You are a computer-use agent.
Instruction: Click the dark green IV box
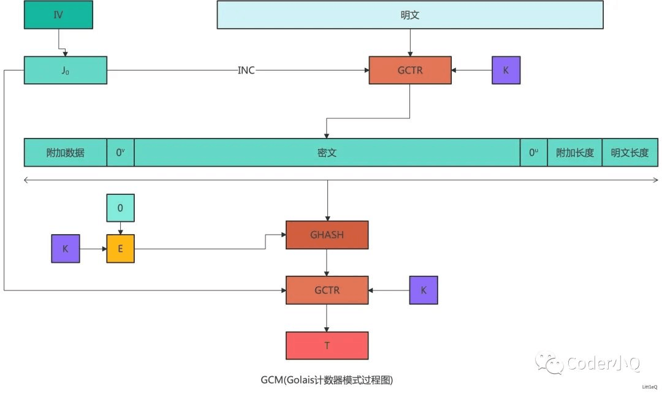[x=58, y=15]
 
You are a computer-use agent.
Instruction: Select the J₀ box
[x=66, y=70]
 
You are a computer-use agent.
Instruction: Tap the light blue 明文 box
[x=409, y=15]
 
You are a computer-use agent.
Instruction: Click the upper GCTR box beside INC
[x=409, y=70]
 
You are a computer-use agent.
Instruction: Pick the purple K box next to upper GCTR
[x=506, y=70]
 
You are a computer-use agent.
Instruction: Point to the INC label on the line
[x=246, y=70]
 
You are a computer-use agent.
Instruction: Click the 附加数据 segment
[x=66, y=153]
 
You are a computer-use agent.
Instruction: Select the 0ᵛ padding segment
[x=120, y=153]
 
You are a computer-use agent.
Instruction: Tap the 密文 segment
[x=327, y=153]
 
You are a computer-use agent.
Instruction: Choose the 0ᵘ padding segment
[x=533, y=153]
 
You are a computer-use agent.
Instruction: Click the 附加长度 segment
[x=574, y=153]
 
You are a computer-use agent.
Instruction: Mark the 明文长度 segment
[x=630, y=153]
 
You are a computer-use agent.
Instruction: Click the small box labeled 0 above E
[x=120, y=208]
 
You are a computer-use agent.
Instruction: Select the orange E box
[x=120, y=249]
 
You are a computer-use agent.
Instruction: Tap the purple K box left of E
[x=65, y=249]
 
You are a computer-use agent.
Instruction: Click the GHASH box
[x=327, y=235]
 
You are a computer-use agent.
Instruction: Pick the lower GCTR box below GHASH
[x=327, y=290]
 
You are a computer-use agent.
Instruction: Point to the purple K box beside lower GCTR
[x=424, y=290]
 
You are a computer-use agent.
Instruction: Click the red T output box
[x=327, y=345]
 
